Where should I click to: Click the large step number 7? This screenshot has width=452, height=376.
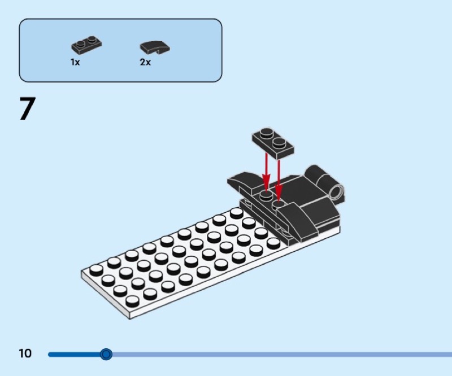point(27,109)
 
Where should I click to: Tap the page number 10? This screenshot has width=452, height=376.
point(25,354)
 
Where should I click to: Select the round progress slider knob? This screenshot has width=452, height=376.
point(106,355)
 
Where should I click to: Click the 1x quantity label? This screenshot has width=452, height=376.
point(75,63)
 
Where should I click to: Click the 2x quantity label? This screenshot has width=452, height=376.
point(145,63)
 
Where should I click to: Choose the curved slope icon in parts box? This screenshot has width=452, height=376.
point(155,48)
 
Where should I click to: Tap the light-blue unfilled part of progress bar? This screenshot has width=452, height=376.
point(282,355)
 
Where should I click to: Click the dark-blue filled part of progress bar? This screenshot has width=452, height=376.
point(73,355)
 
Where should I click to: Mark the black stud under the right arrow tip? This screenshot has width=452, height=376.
point(278,204)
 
